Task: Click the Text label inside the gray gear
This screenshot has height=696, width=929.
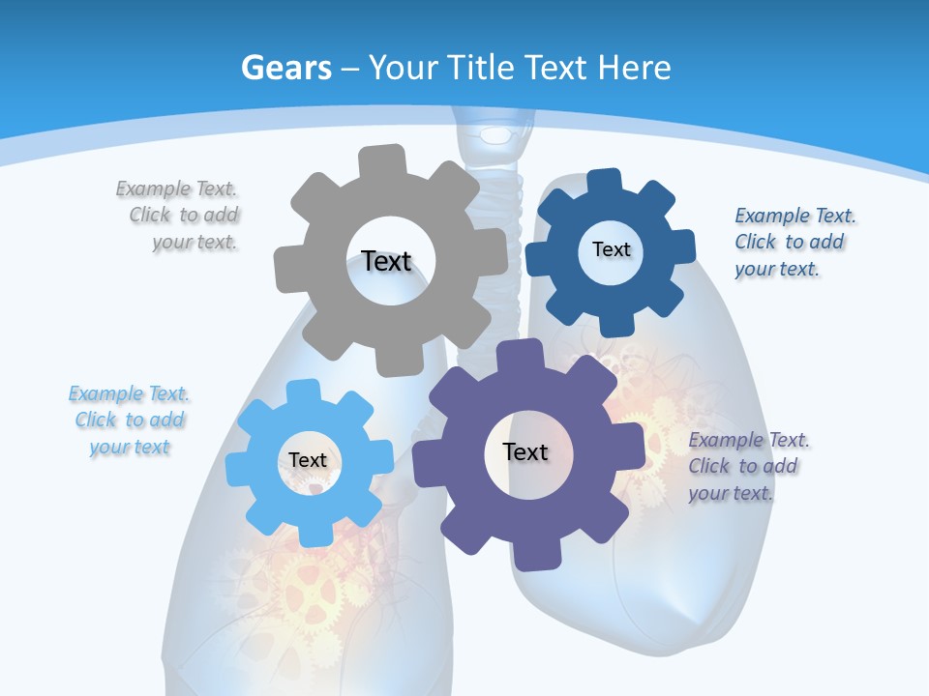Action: point(386,261)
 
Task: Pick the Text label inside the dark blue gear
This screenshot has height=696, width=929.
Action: point(611,249)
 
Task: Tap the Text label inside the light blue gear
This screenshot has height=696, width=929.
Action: point(308,460)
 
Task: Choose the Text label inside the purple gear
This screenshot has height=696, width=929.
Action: point(525,451)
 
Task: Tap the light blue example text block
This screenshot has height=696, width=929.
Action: point(130,420)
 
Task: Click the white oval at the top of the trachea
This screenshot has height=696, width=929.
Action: point(496,134)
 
